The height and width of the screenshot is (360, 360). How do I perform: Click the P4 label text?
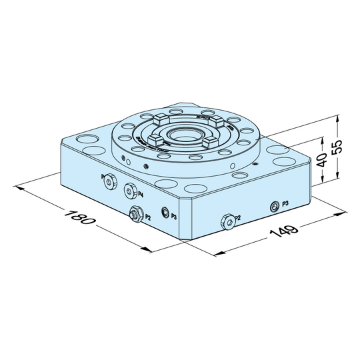(141, 194)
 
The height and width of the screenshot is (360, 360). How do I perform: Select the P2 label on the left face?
(148, 217)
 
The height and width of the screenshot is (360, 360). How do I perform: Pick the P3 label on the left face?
(173, 216)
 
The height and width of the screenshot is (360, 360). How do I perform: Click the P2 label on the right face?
(238, 218)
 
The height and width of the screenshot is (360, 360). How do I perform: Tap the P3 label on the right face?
(285, 202)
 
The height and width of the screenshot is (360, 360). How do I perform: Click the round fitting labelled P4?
(129, 189)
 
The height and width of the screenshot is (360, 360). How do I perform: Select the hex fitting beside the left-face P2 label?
(135, 213)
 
